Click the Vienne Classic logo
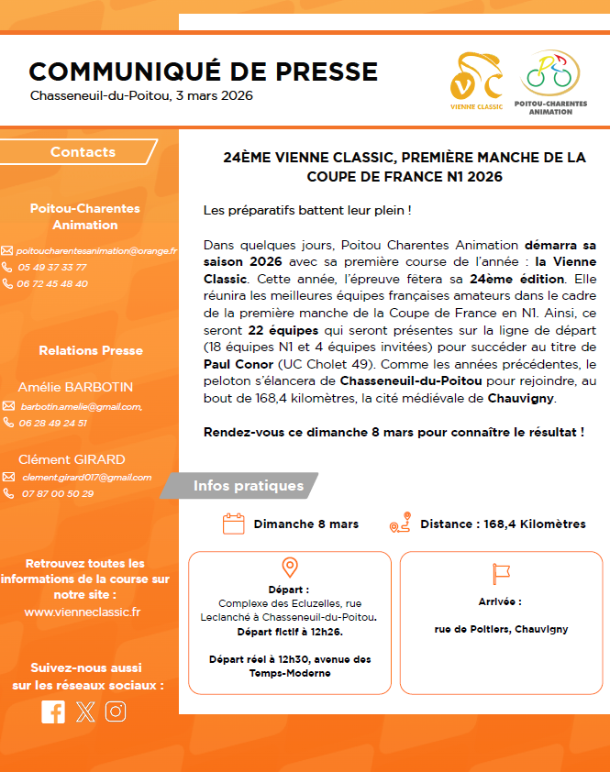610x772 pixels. pos(476,82)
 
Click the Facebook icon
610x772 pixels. pos(53,711)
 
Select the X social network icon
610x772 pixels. pos(85,711)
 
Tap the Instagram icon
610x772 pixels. pos(116,711)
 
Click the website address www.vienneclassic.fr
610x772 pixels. pos(83,612)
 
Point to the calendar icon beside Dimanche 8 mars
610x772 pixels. pos(234,524)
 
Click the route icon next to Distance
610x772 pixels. pos(399,524)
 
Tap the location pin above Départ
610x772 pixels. pos(290,568)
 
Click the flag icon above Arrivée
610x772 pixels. pos(501,574)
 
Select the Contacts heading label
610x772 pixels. pos(83,152)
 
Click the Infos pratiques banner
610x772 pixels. pos(248,486)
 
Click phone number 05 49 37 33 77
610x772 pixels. pos(51,267)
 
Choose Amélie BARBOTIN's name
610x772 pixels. pos(75,387)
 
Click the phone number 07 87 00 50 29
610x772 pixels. pos(58,493)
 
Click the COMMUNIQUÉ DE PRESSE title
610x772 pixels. pos(203,72)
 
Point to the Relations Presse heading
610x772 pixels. pos(91,350)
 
